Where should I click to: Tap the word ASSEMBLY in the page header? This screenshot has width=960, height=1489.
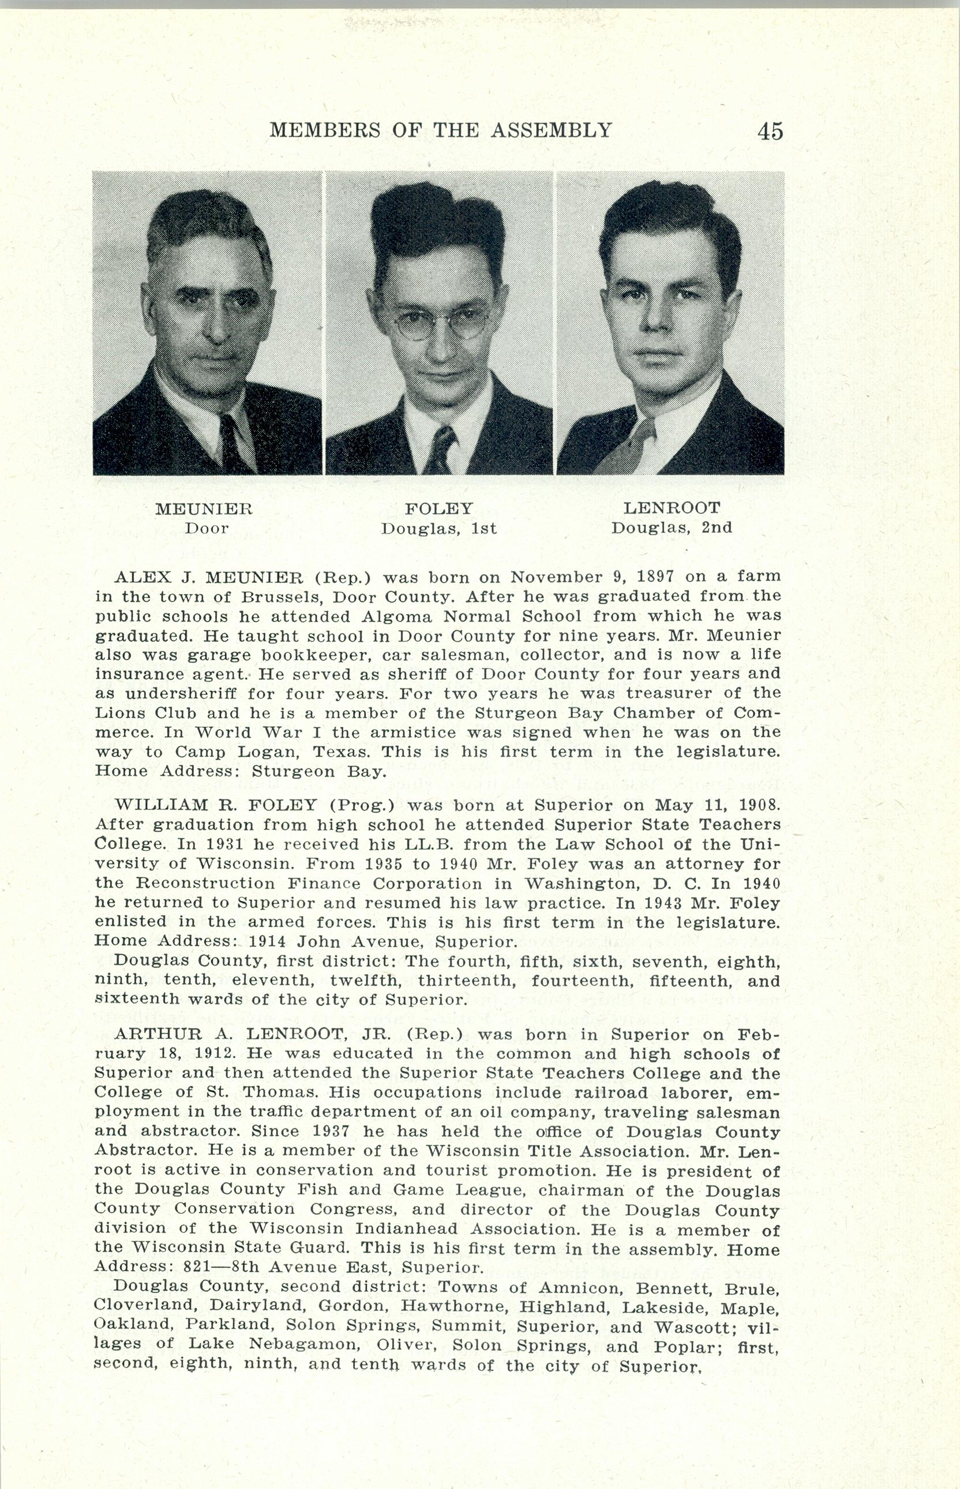tap(552, 130)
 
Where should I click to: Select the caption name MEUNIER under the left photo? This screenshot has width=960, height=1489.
tap(204, 509)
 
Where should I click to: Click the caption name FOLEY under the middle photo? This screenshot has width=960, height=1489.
tap(439, 508)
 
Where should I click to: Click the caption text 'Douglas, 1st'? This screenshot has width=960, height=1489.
tap(439, 529)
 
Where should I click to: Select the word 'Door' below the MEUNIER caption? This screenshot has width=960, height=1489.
tap(207, 528)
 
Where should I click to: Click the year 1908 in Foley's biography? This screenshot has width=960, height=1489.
tap(758, 805)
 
